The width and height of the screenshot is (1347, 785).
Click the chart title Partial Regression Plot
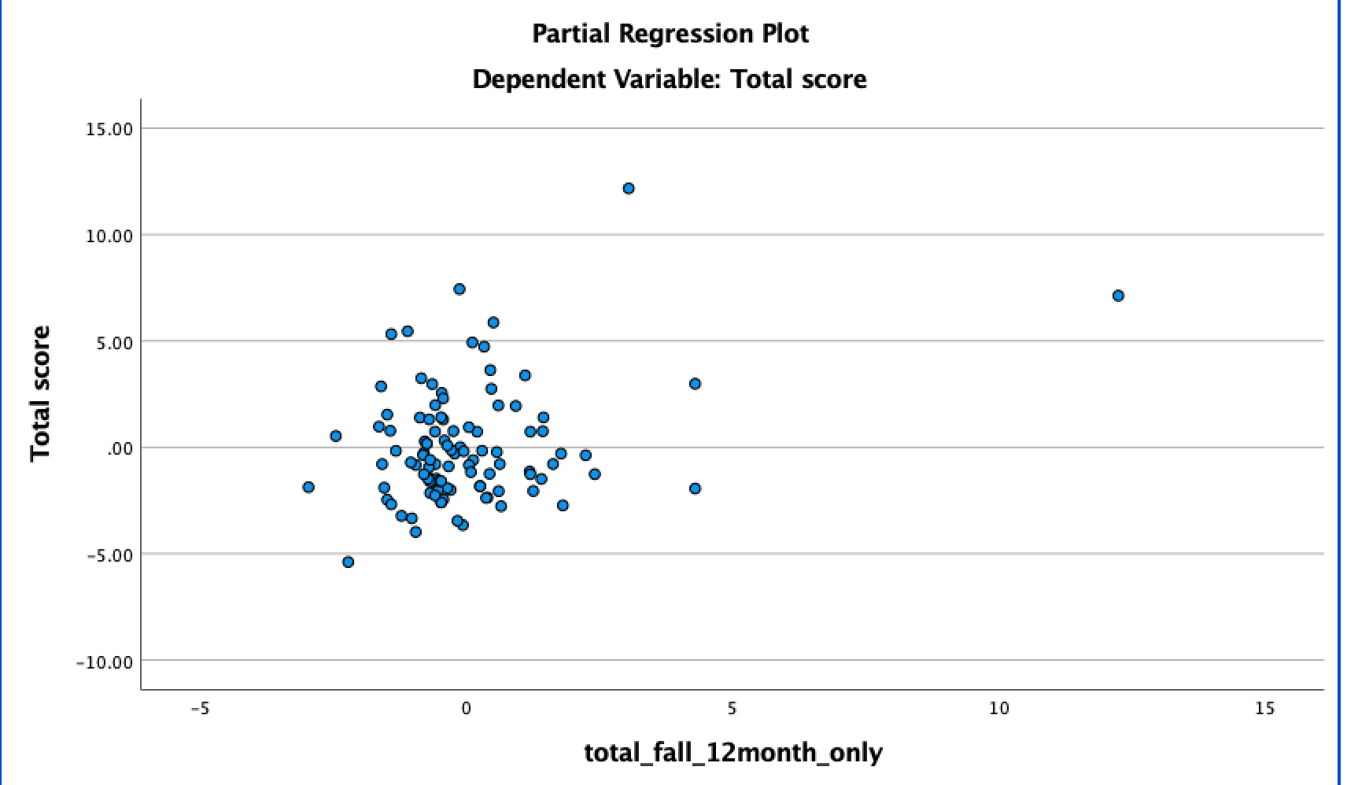[670, 34]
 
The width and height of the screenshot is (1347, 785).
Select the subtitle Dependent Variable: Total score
[670, 79]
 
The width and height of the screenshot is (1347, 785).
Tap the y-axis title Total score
[40, 393]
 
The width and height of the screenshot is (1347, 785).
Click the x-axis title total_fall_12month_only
[733, 753]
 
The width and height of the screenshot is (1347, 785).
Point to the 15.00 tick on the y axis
[109, 129]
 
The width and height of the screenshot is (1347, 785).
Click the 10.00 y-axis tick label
[109, 236]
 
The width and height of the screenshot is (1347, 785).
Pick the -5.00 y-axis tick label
[109, 555]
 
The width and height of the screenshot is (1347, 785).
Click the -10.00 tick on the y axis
[105, 662]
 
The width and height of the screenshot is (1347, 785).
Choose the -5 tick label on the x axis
[200, 709]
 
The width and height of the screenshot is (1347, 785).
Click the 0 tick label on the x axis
[466, 709]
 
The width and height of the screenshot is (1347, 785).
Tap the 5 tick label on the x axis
[732, 709]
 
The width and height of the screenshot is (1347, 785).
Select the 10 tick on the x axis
[998, 709]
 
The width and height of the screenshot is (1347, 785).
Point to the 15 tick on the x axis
[1264, 709]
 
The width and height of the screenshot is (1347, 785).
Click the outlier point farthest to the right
[1118, 296]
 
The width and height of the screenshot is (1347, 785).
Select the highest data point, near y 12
[629, 189]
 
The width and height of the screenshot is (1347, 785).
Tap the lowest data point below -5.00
[348, 562]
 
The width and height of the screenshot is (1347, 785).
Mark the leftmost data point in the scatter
[308, 488]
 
